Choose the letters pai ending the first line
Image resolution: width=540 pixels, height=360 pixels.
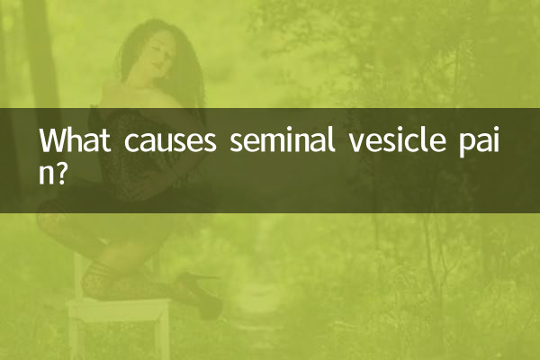click(477, 143)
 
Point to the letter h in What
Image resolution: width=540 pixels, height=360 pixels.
click(78, 140)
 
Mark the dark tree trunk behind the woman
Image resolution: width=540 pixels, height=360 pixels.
click(40, 54)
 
